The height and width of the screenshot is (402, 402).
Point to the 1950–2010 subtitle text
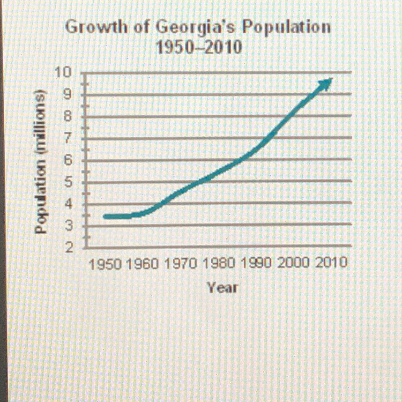[x=199, y=48]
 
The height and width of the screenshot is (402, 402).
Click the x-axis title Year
[x=220, y=288]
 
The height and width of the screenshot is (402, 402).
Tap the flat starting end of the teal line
[x=107, y=217]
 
